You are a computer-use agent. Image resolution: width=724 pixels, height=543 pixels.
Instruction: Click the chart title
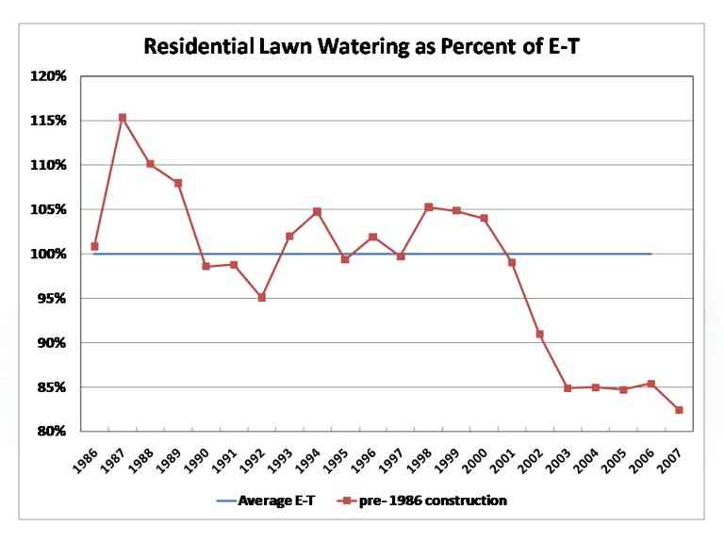361,47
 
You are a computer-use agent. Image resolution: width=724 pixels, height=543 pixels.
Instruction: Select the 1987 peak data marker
123,118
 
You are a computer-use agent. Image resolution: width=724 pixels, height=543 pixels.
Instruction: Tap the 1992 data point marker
261,297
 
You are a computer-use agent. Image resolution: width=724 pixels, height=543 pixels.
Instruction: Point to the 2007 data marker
679,410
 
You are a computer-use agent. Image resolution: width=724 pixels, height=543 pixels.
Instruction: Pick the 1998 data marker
428,206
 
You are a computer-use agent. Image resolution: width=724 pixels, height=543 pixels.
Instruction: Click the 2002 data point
539,334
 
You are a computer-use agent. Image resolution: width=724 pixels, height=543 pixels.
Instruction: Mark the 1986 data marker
94,246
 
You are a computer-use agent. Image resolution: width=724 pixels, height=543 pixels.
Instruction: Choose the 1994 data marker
317,211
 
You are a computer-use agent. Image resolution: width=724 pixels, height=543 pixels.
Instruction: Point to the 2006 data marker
650,384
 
